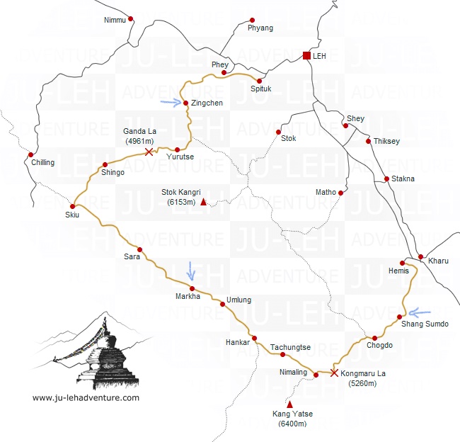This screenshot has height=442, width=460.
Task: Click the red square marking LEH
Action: point(306,55)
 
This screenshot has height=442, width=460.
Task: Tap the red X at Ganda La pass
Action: point(148,152)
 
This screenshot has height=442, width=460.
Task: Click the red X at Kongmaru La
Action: point(334,373)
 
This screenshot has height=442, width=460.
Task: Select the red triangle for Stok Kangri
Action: point(204,203)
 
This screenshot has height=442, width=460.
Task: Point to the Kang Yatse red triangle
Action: point(289,404)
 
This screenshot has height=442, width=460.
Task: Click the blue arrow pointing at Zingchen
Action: point(171,102)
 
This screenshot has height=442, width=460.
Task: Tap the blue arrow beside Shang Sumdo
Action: point(420,312)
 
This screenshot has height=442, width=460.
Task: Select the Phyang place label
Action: point(260,28)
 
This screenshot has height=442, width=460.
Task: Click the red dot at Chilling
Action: point(30,154)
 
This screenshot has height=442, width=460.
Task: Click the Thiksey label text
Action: point(386,141)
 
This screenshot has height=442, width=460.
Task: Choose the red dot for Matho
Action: point(340,193)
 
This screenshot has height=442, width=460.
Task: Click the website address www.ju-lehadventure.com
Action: point(86,397)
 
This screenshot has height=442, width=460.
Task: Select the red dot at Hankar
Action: point(254,338)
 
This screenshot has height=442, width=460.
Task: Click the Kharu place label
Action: point(439,261)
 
